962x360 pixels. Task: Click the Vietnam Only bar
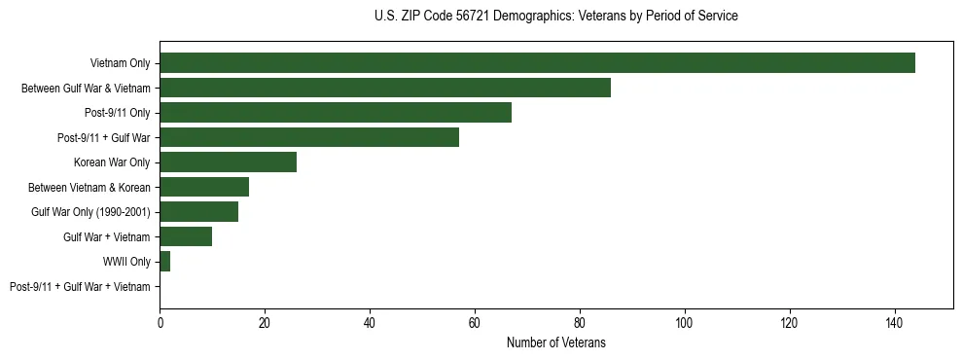(537, 63)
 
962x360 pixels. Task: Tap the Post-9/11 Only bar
(336, 113)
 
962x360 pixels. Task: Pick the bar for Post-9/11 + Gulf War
(309, 137)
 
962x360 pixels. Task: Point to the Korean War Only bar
(228, 162)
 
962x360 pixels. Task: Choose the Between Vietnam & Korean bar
(204, 187)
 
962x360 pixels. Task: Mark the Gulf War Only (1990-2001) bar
(198, 212)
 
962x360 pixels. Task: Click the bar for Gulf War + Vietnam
(186, 236)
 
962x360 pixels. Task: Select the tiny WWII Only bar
(164, 262)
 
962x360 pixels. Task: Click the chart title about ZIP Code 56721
(555, 17)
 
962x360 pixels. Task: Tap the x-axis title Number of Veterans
(555, 342)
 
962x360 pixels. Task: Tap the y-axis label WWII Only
(126, 262)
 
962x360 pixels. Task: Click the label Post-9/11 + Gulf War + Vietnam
(80, 287)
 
